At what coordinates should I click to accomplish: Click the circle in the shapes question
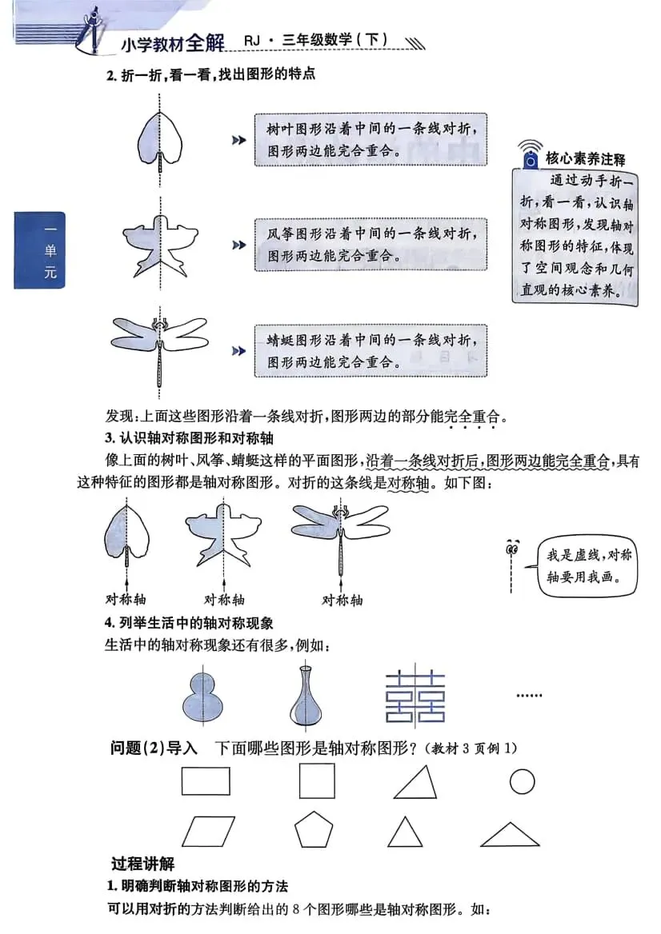[x=522, y=780]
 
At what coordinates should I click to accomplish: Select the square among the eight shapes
[x=317, y=781]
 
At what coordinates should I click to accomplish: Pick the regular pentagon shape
[x=313, y=831]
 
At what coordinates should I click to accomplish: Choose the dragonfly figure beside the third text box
[x=160, y=345]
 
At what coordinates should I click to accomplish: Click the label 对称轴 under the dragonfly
[x=342, y=599]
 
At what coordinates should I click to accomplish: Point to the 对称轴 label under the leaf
[x=126, y=599]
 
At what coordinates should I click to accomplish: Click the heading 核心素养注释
[x=585, y=158]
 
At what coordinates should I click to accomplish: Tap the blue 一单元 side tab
[x=39, y=250]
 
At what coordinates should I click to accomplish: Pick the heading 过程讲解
[x=142, y=864]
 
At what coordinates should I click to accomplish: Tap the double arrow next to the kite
[x=238, y=245]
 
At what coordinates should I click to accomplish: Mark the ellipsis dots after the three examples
[x=529, y=697]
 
